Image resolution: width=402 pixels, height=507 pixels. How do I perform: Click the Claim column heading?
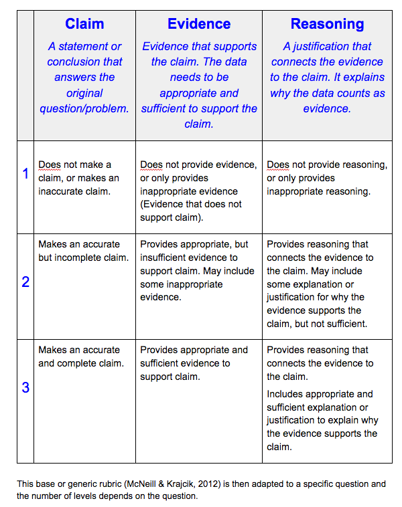click(x=84, y=25)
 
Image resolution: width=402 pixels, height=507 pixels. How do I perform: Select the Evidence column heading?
click(x=199, y=25)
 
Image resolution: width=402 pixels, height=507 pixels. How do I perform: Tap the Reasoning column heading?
click(x=327, y=25)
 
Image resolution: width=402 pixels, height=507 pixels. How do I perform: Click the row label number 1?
click(x=25, y=174)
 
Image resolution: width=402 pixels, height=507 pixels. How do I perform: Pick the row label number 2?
click(x=25, y=282)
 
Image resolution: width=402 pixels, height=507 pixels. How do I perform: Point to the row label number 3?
click(x=25, y=387)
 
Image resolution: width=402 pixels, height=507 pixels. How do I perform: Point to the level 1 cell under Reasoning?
click(x=326, y=178)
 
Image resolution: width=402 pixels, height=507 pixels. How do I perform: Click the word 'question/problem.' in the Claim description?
click(x=84, y=108)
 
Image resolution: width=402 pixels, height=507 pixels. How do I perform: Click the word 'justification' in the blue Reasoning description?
click(x=339, y=47)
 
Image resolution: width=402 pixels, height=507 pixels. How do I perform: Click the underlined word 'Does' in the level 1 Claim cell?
click(x=49, y=165)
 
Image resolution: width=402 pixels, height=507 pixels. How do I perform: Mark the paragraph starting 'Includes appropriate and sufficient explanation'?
click(x=322, y=421)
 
